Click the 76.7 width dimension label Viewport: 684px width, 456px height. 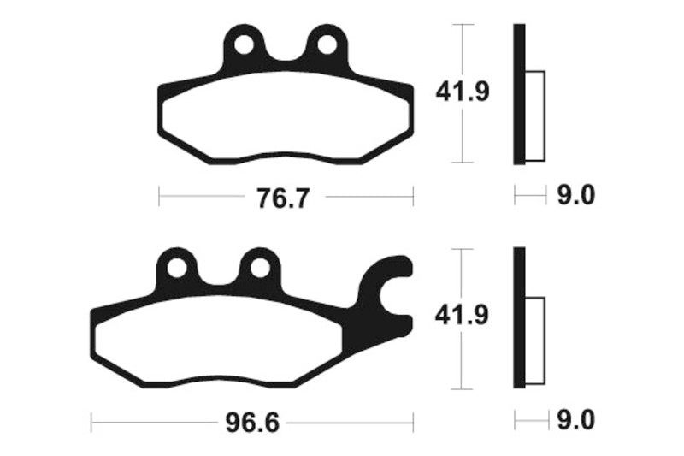click(283, 198)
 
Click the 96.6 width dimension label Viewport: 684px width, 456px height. click(252, 423)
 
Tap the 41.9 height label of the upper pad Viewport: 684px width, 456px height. click(463, 92)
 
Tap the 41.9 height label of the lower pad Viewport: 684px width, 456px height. click(462, 315)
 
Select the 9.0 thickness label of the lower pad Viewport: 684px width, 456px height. click(575, 421)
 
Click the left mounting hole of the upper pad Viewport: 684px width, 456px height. click(244, 45)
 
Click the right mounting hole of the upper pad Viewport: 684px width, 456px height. click(327, 45)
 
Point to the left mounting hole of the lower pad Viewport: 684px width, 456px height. click(177, 268)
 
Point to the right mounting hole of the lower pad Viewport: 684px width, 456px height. click(260, 268)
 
